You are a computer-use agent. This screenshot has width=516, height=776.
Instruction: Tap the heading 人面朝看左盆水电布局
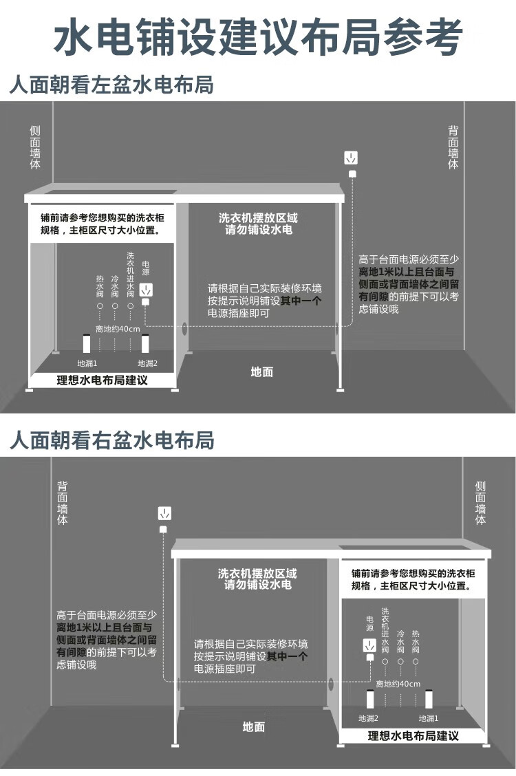pos(112,85)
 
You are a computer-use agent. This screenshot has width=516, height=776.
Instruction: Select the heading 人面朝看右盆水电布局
pos(112,440)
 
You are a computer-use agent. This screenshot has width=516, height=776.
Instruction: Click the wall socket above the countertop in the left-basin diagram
pos(351,158)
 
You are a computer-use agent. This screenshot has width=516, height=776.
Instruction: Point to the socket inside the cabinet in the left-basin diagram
pos(146,290)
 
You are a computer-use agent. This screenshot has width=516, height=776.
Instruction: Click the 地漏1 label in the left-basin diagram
pos(87,363)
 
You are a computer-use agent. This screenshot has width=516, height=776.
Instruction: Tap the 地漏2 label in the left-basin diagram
pos(147,363)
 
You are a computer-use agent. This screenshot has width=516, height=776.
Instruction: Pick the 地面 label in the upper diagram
pos(261,371)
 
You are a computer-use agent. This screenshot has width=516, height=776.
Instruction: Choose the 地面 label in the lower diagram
pos(254,726)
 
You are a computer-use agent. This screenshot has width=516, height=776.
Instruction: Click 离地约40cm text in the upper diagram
pos(118,329)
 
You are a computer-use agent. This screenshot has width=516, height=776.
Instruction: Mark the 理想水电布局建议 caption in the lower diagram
pos(413,736)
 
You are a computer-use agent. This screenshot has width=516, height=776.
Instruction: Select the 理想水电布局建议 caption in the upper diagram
pos(102,380)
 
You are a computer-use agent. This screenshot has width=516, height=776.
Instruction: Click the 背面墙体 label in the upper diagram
pos(453,147)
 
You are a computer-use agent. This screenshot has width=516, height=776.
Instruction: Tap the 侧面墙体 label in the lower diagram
pos(480,503)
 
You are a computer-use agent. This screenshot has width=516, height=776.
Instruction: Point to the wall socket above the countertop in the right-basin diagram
pos(164,513)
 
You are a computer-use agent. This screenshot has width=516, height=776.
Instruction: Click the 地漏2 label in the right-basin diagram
pos(369,718)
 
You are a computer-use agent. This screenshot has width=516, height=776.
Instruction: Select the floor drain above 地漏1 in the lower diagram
pos(429,699)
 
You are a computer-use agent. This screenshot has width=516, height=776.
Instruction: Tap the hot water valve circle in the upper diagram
pos(100,306)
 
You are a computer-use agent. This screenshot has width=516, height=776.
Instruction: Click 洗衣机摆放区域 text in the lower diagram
pos(257,574)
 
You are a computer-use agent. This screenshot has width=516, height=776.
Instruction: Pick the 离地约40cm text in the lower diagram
pos(398,684)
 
